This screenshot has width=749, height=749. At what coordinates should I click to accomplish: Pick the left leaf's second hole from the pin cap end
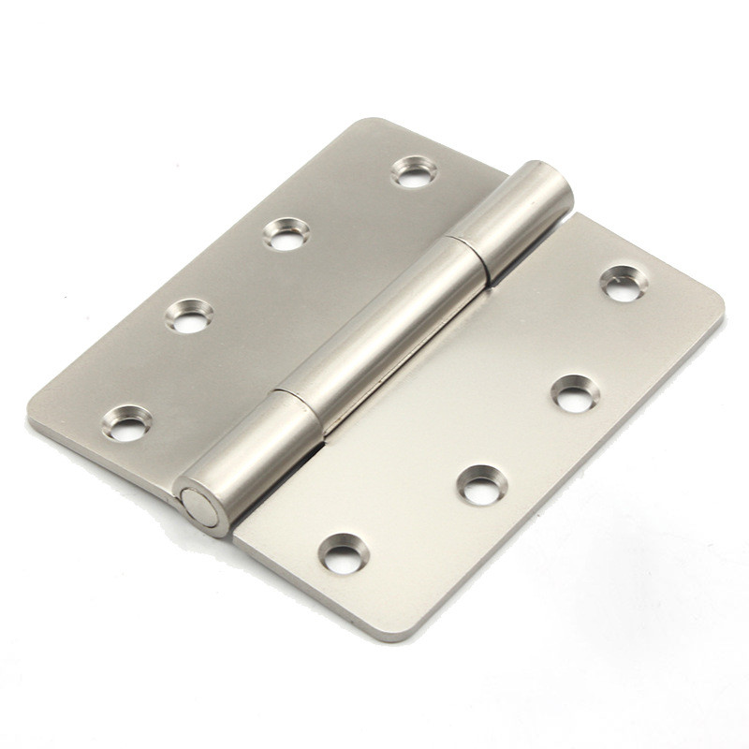pyautogui.click(x=190, y=316)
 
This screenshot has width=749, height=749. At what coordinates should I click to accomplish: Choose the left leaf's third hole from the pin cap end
pyautogui.click(x=286, y=234)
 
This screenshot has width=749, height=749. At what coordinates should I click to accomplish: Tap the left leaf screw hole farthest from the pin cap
pyautogui.click(x=414, y=171)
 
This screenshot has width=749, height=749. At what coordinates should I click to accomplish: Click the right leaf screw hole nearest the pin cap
pyautogui.click(x=344, y=553)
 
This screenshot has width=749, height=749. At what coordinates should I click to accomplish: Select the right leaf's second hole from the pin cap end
pyautogui.click(x=482, y=484)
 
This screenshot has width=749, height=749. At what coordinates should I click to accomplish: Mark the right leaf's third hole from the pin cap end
pyautogui.click(x=575, y=393)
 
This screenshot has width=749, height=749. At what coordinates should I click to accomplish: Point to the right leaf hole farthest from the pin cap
pyautogui.click(x=624, y=284)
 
